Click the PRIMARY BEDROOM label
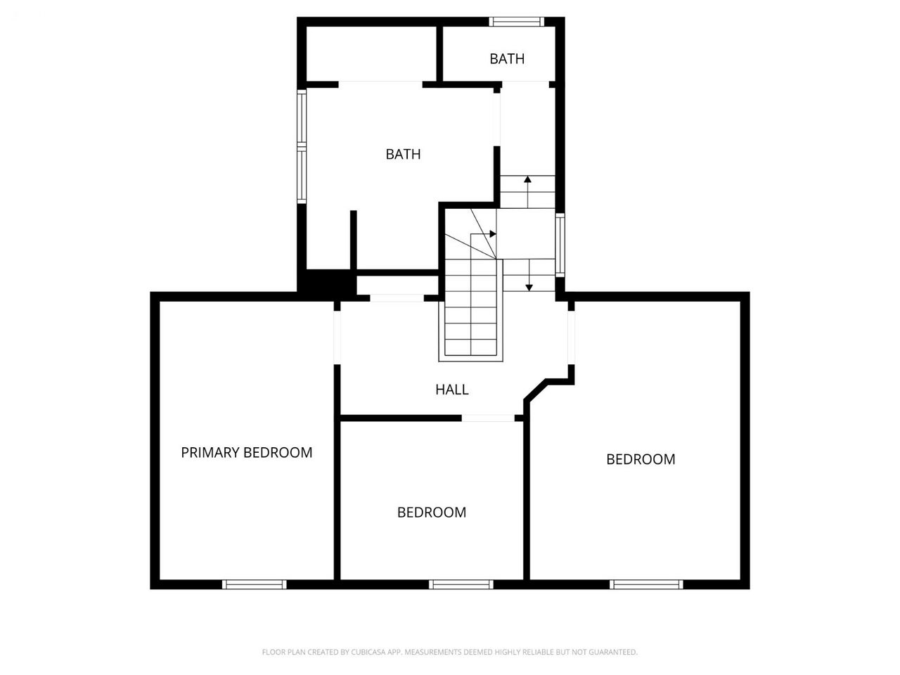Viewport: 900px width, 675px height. pyautogui.click(x=246, y=452)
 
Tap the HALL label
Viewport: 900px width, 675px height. pyautogui.click(x=452, y=390)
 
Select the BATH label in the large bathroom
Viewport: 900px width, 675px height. pyautogui.click(x=403, y=154)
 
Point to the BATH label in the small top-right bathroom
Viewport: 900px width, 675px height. pyautogui.click(x=507, y=59)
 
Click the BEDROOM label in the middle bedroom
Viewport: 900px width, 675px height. pyautogui.click(x=431, y=513)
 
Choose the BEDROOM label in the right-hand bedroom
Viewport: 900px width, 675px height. pyautogui.click(x=641, y=459)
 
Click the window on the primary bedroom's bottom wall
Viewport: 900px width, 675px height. pyautogui.click(x=255, y=584)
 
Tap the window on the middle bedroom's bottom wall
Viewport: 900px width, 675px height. pyautogui.click(x=461, y=584)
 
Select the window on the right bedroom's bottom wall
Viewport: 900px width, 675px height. pyautogui.click(x=646, y=584)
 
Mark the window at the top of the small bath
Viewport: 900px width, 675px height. pyautogui.click(x=516, y=22)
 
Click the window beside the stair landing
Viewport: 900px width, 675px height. pyautogui.click(x=560, y=245)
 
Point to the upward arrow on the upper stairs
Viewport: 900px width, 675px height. pyautogui.click(x=528, y=192)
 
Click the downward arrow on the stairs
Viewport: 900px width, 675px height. pyautogui.click(x=529, y=275)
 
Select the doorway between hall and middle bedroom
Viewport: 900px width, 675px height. pyautogui.click(x=488, y=418)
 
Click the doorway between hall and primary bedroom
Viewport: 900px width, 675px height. pyautogui.click(x=337, y=337)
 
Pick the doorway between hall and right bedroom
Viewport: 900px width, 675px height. pyautogui.click(x=571, y=337)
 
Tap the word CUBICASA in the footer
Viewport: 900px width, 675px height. pyautogui.click(x=366, y=652)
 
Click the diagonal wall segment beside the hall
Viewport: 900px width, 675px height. pyautogui.click(x=535, y=390)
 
